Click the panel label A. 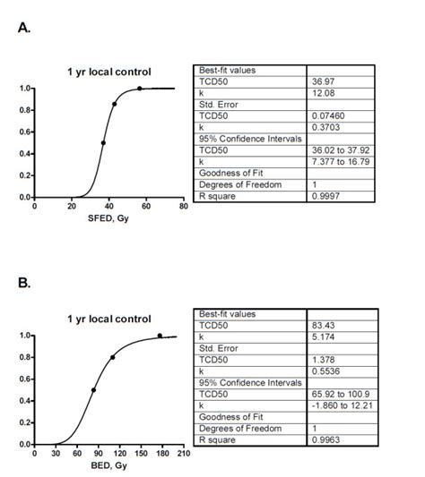24,28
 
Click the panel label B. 24,284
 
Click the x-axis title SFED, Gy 106,217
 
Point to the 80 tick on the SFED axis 184,206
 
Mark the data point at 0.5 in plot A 103,142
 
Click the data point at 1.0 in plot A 139,89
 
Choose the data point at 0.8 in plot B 112,357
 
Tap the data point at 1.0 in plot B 160,336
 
